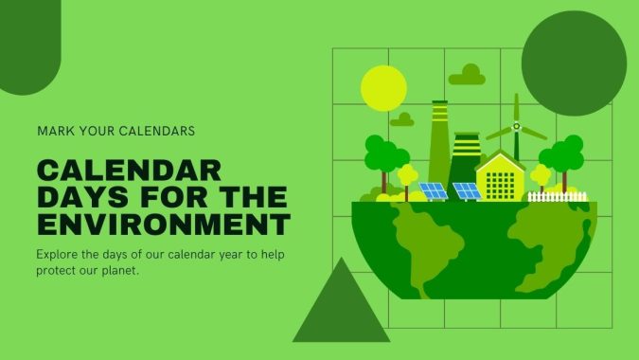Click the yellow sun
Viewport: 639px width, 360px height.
[383, 88]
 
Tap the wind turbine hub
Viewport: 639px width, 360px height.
[516, 127]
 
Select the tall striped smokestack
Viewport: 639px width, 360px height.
[438, 142]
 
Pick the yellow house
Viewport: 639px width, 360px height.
[500, 178]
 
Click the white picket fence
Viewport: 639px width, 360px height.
[558, 196]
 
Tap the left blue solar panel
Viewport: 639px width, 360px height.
[434, 190]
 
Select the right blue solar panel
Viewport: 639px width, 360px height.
[467, 190]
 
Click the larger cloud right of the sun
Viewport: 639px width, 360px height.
[467, 76]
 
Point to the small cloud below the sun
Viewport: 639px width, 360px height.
[402, 120]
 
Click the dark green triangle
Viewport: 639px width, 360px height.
[341, 303]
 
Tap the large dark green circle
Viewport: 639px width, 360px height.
[574, 63]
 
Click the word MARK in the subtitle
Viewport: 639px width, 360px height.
[55, 130]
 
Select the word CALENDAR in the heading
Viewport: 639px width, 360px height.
[129, 171]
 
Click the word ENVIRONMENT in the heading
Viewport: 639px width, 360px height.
[163, 225]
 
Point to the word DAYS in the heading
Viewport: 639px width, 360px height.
[80, 198]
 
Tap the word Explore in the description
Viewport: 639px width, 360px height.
[59, 255]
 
